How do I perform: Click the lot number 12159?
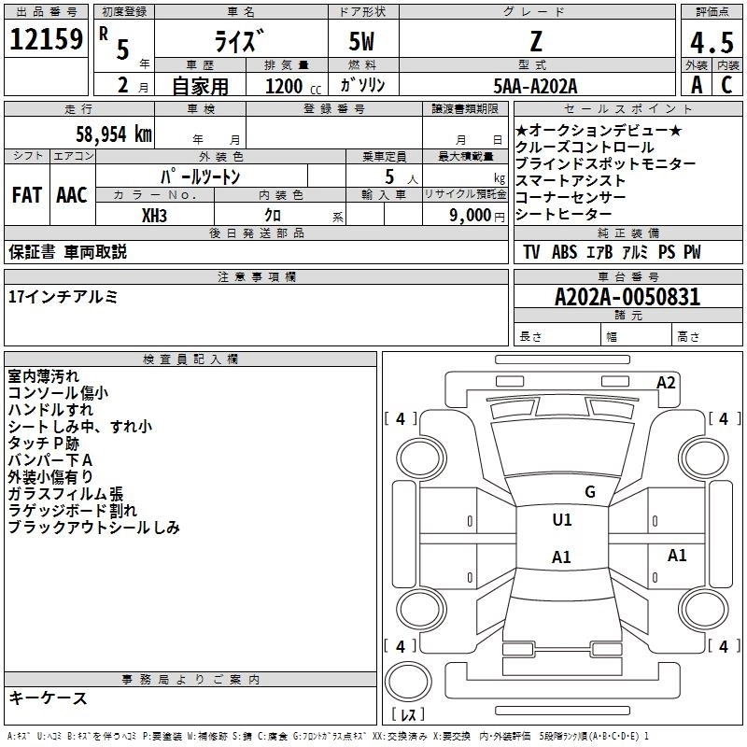tap(45, 40)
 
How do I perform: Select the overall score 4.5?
tap(712, 43)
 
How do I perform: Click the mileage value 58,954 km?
tap(103, 134)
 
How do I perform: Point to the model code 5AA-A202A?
tap(535, 86)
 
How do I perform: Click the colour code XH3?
tap(155, 215)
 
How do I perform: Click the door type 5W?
tap(364, 42)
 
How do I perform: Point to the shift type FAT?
tap(26, 195)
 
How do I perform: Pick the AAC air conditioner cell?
tap(71, 195)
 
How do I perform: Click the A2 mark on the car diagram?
tap(666, 382)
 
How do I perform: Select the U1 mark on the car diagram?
tap(561, 520)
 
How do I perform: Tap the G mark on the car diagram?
tap(589, 492)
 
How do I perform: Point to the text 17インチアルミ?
tap(63, 297)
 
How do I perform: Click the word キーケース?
tap(48, 698)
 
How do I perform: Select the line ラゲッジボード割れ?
tap(72, 511)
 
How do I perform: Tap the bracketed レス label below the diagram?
tap(408, 715)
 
